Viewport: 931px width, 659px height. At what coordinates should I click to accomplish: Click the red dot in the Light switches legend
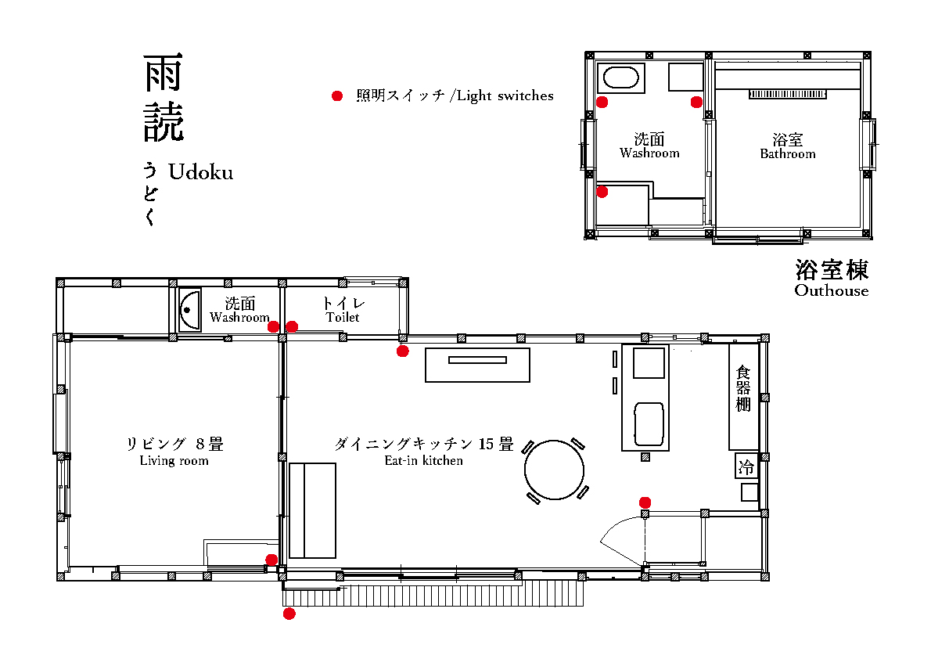point(337,95)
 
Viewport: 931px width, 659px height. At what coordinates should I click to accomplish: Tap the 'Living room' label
point(174,460)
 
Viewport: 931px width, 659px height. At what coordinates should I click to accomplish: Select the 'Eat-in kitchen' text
point(423,460)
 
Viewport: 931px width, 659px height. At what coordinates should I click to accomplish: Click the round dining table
point(554,470)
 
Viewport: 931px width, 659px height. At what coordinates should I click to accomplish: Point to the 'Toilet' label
point(343,317)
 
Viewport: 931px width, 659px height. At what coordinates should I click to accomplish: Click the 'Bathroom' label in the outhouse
point(788,154)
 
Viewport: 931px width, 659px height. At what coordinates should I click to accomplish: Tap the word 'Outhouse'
point(831,290)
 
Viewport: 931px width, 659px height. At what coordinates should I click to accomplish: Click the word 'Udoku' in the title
point(201,172)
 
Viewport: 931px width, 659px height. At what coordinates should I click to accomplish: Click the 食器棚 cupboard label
point(743,389)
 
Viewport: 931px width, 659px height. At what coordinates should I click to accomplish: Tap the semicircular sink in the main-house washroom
point(190,310)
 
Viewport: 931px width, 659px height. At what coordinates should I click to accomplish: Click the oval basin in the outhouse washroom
point(621,77)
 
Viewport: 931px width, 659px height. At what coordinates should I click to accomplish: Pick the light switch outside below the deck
point(289,614)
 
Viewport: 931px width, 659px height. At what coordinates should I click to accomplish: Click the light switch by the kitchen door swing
point(645,502)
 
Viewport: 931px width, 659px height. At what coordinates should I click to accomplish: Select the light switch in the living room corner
point(271,560)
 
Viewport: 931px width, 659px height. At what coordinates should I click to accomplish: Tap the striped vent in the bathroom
point(787,94)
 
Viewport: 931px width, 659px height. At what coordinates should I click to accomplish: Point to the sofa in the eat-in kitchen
point(312,510)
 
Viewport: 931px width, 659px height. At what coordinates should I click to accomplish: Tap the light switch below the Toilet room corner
point(403,351)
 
